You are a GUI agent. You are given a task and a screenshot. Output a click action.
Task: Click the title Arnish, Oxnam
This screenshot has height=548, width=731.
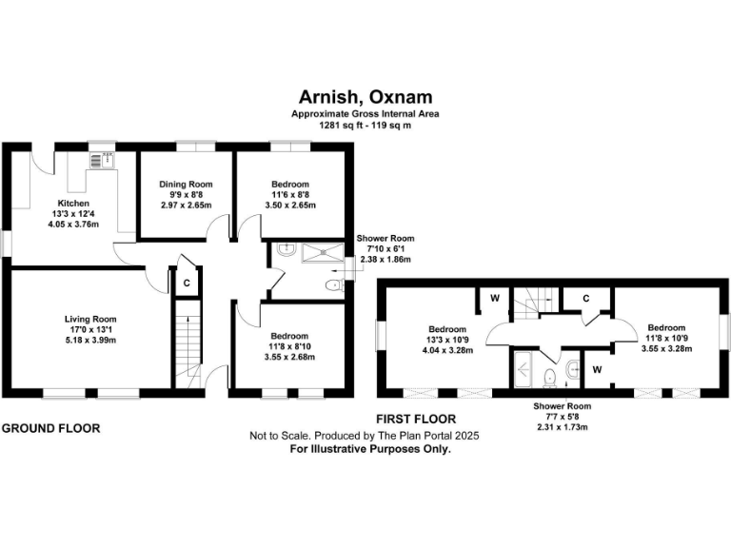[365, 98]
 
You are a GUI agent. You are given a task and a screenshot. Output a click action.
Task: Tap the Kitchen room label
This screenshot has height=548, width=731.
[73, 204]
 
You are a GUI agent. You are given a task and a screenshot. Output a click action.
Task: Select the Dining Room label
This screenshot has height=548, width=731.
[187, 184]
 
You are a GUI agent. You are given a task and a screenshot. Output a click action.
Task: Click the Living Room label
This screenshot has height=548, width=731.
[90, 320]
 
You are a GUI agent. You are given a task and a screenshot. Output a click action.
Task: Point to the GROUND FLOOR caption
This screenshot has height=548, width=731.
[50, 428]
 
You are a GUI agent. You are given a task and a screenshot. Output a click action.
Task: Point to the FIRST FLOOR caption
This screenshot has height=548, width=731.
[417, 419]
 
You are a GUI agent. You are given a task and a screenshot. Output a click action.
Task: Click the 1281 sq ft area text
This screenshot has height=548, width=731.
[365, 125]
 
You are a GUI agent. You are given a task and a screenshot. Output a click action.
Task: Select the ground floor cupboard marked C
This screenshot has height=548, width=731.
[187, 283]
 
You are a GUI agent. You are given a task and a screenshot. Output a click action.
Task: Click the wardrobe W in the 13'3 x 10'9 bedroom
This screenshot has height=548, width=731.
[495, 298]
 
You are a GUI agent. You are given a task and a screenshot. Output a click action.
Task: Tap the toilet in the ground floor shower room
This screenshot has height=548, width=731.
[331, 285]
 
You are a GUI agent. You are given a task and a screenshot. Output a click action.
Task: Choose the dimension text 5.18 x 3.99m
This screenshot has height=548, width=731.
[90, 339]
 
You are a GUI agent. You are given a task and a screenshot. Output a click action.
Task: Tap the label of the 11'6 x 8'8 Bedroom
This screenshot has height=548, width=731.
[289, 184]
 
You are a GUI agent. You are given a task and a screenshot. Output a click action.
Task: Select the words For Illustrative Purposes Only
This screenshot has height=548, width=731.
[369, 448]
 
